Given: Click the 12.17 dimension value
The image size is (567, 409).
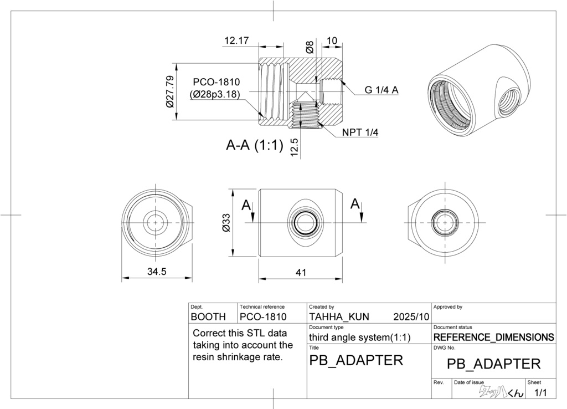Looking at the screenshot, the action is point(236,40).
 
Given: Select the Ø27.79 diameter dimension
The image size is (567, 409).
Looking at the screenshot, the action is point(170,91).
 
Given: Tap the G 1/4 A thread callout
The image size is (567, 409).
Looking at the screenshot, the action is point(381,90).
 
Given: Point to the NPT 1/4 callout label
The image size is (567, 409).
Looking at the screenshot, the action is point(360,132).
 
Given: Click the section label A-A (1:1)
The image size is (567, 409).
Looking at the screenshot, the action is point(255,145).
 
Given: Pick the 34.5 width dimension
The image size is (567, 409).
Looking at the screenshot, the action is point(157,272).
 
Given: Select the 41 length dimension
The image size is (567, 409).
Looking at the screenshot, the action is point(301,272).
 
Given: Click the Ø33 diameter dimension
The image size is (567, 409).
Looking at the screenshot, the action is point(226,223).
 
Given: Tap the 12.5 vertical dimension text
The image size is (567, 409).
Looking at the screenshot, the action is point(294,147).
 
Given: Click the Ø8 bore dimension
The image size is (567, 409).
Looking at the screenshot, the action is point(310,48).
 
